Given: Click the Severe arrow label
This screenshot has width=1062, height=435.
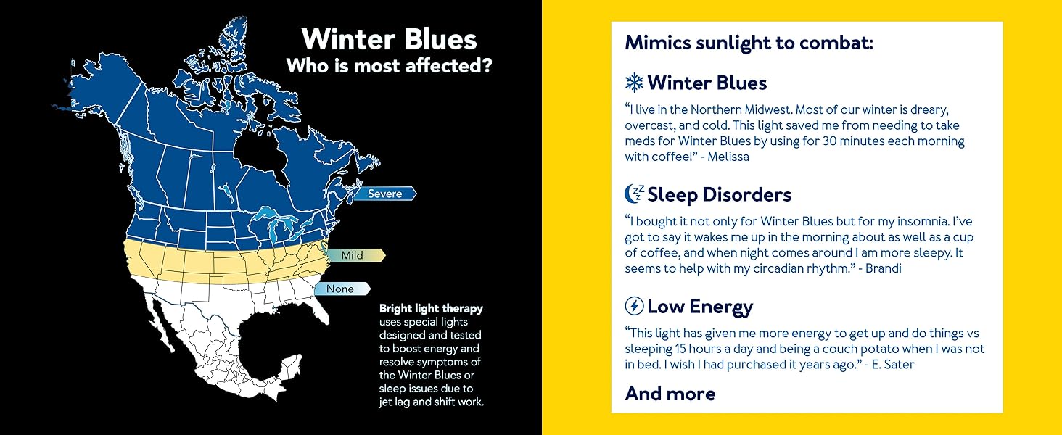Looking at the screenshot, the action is [385, 194].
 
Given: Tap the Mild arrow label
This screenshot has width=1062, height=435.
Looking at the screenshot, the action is [355, 255].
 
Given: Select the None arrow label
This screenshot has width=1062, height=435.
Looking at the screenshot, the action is [342, 289].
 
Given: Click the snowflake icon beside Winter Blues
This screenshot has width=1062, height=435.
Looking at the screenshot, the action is [634, 83].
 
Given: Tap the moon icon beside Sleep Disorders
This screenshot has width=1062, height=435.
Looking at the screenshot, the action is [634, 194].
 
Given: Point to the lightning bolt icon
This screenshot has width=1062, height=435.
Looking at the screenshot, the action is [634, 306].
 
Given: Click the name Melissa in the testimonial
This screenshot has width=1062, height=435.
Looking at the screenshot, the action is [728, 157].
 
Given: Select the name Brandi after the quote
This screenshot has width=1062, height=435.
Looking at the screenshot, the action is [884, 269].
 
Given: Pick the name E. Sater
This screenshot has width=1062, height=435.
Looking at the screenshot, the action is [893, 365].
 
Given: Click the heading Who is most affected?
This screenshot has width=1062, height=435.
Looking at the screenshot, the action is [390, 66].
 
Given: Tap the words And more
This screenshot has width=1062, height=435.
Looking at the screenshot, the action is [670, 394].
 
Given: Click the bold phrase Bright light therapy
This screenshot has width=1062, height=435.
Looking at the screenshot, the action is [431, 308].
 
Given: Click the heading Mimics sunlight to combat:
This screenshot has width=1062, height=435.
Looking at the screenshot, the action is [749, 43].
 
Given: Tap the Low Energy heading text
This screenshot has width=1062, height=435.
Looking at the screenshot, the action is [700, 307].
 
